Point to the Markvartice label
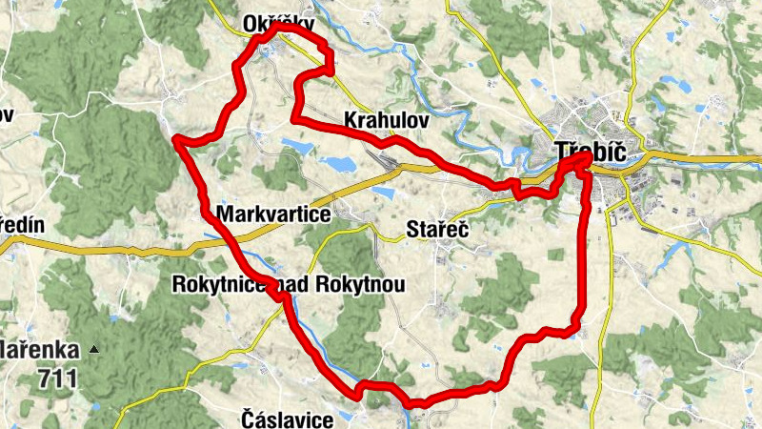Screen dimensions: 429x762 point(273,215)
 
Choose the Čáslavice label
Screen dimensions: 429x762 point(288,419)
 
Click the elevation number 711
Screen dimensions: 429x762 point(58,378)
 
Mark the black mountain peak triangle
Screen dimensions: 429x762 point(93,350)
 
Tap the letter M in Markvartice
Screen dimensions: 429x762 point(225,215)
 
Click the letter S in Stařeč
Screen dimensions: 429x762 point(411,230)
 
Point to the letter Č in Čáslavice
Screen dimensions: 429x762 point(248,419)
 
